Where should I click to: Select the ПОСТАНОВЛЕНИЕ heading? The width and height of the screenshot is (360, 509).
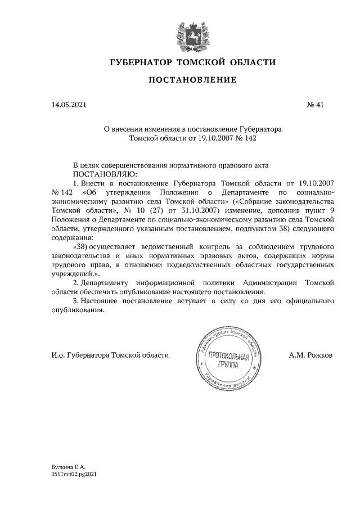coord(192,80)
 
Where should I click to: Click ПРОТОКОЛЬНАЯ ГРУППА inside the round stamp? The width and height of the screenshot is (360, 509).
coord(225,361)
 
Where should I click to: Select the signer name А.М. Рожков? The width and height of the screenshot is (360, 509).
coord(310,355)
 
